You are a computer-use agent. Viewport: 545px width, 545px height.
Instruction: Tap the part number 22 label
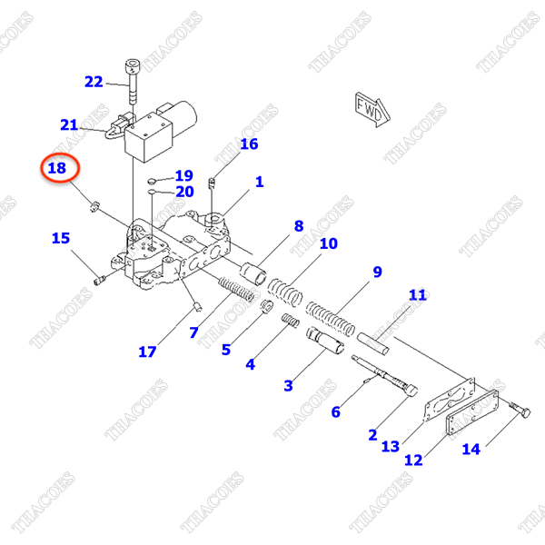pos(94,82)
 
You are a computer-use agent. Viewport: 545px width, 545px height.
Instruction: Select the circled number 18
pos(56,168)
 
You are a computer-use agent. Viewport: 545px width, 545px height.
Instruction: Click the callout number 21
pos(70,124)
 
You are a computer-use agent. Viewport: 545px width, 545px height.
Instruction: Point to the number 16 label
pos(249,144)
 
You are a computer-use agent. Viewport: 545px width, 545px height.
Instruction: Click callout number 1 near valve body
pos(259,182)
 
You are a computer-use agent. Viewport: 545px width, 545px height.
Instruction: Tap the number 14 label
pos(471,448)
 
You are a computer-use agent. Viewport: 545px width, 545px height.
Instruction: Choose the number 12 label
pos(413,461)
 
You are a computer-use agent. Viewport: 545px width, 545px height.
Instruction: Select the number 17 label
pos(147,352)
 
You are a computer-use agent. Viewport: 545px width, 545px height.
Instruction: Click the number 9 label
pos(377,272)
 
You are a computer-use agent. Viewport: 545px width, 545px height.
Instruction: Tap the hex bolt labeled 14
pos(520,411)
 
